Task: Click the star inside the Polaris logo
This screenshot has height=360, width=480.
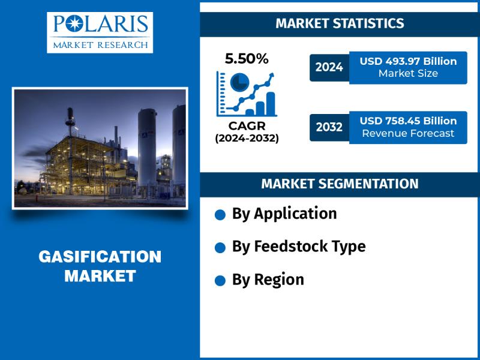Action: coord(74,23)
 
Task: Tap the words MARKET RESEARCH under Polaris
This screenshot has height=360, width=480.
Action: coord(100,46)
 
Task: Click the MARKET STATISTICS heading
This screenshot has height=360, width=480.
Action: coord(340,23)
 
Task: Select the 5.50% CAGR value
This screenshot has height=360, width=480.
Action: coord(247,58)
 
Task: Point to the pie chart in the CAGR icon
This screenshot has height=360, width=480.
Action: coord(239,82)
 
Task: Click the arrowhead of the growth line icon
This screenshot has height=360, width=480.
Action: coord(271,76)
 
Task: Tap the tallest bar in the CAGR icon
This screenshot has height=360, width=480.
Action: coord(271,103)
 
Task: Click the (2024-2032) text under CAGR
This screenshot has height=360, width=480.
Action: coord(247,139)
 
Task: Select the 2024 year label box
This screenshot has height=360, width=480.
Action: coord(329,68)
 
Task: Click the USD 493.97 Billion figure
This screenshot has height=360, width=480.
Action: coord(408,61)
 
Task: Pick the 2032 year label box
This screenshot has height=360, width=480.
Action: coord(329,127)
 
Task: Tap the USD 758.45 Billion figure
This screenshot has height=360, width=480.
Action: coord(408,121)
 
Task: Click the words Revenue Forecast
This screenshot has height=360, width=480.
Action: coord(408,133)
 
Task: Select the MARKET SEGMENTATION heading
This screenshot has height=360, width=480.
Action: coord(340,184)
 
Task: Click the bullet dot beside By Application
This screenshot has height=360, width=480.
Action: coord(220,215)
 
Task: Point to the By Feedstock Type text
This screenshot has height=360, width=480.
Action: coord(299,247)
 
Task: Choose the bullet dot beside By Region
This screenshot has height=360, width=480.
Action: coord(220,281)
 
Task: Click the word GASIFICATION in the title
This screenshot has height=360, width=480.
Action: coord(100,257)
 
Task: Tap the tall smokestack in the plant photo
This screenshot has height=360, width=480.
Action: coord(70,151)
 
